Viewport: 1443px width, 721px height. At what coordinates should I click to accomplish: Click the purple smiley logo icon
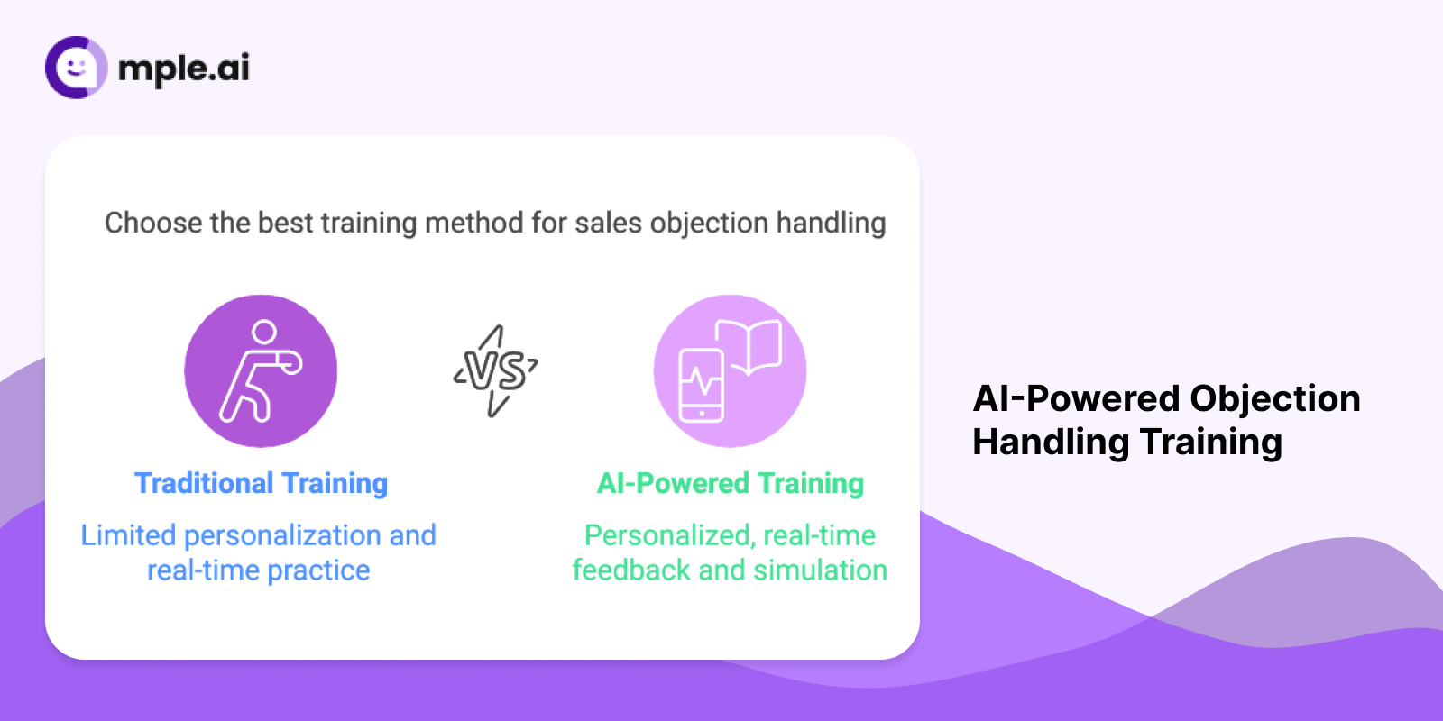(x=76, y=68)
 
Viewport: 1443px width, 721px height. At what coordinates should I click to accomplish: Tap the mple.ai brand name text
(x=184, y=68)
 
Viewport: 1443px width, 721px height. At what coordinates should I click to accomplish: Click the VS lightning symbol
(x=495, y=370)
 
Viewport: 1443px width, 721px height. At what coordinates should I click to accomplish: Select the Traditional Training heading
(x=261, y=483)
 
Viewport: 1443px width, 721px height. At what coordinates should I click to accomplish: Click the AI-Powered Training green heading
(x=731, y=483)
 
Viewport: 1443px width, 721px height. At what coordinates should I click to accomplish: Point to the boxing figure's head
(x=264, y=332)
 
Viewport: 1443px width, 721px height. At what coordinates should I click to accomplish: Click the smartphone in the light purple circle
(x=701, y=386)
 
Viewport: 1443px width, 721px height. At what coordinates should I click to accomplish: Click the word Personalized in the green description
(x=668, y=535)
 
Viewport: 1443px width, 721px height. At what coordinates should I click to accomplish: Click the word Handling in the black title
(x=1051, y=442)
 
